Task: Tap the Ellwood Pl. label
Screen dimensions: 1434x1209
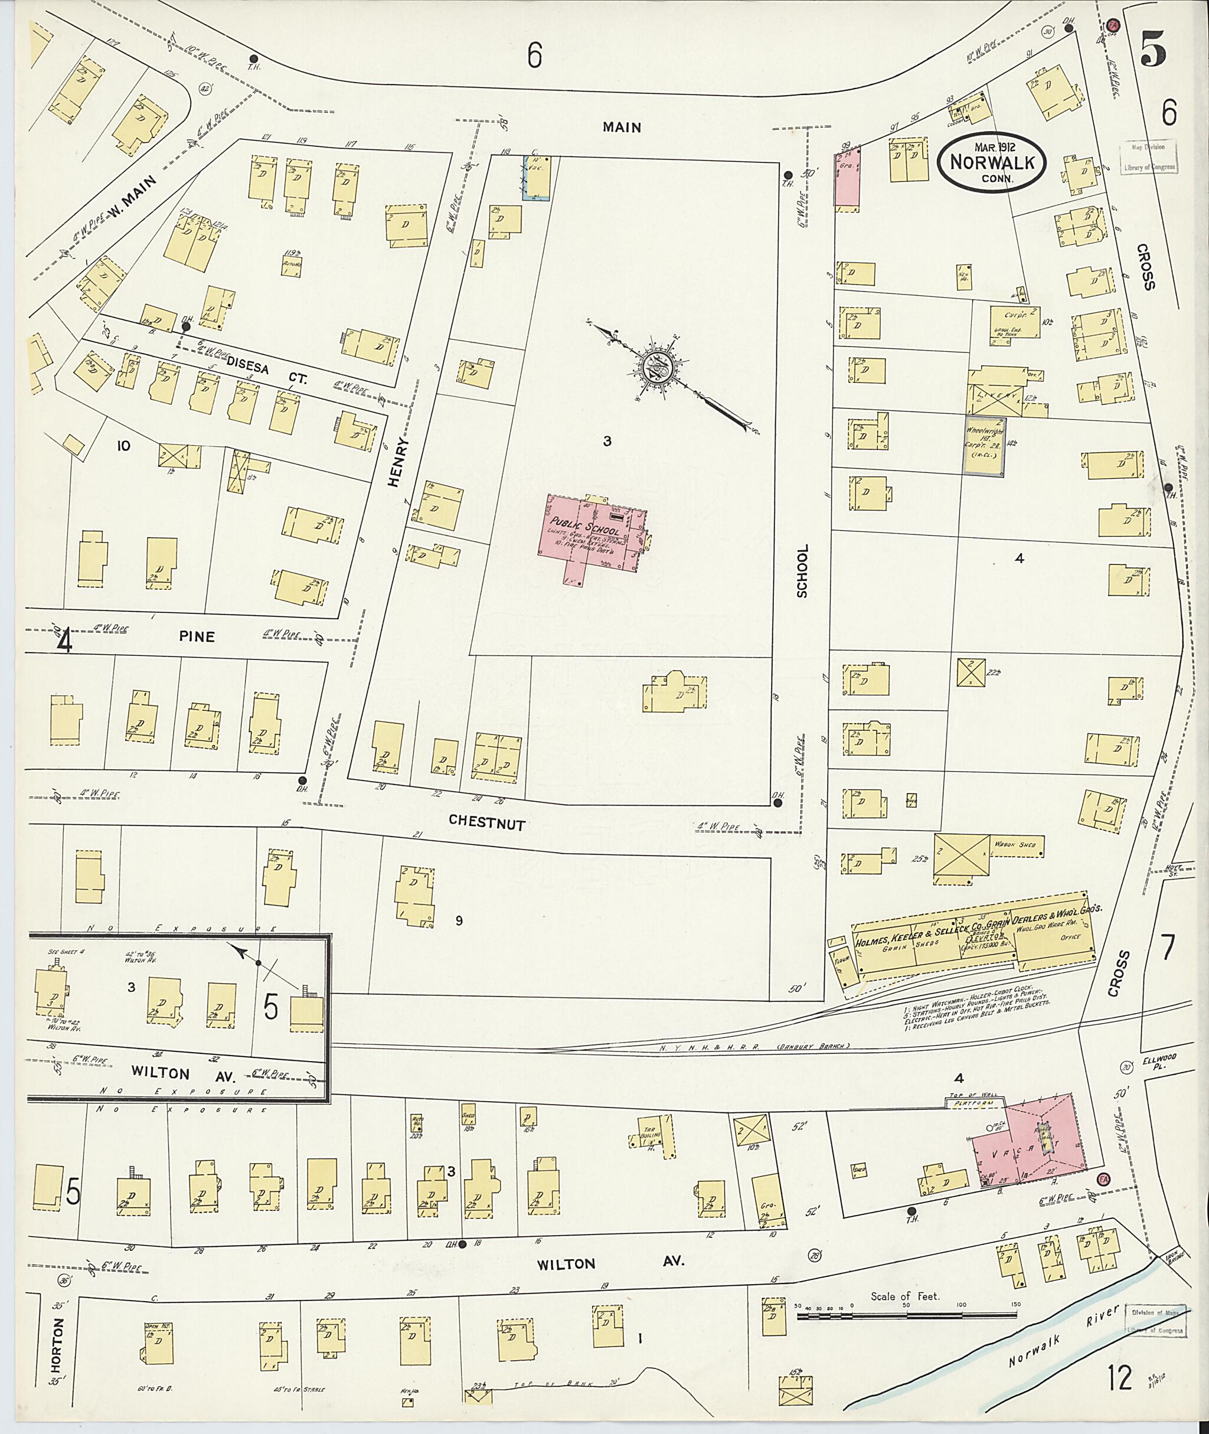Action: tap(1159, 1062)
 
